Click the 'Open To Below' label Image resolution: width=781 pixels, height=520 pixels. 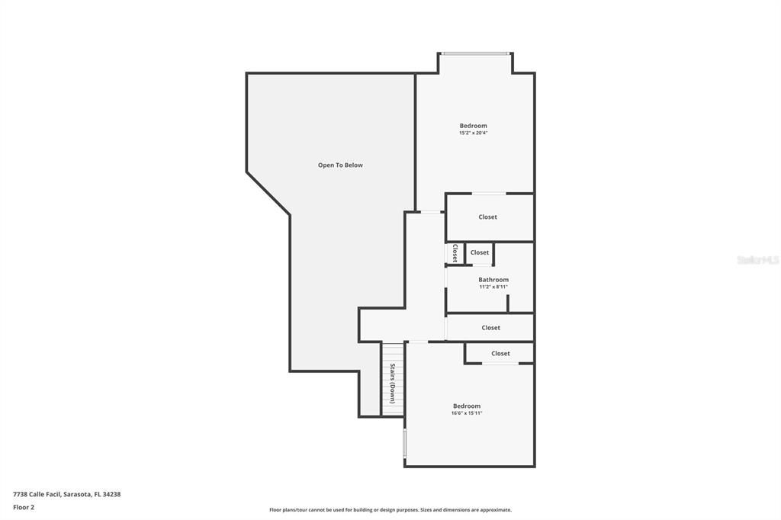coord(340,165)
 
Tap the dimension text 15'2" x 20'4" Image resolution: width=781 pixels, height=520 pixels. coord(473,133)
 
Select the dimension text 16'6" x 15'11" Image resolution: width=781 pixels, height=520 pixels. coord(467,413)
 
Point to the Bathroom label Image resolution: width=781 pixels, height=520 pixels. coord(493,280)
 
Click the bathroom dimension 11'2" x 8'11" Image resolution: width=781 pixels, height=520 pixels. coord(493,287)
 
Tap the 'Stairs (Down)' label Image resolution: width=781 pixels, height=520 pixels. coord(392,383)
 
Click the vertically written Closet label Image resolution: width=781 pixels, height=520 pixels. coord(455,253)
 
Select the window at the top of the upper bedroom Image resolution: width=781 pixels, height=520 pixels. coord(475,53)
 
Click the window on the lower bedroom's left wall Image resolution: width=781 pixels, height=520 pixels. coord(404,443)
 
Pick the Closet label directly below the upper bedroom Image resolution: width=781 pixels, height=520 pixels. coord(487,217)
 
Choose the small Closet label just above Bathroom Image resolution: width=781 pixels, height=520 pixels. coord(479,252)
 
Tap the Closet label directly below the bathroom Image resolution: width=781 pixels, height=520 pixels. coord(490,328)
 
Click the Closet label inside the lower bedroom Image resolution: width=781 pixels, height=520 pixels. coord(500,354)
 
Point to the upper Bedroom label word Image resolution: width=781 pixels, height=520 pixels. coord(473,126)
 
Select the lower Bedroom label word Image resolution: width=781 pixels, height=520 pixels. coord(467,406)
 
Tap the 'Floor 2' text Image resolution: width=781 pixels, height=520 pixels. coord(24,507)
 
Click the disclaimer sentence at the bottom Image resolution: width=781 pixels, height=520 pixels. coord(390,510)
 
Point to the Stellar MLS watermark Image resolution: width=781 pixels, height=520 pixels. coord(757,260)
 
